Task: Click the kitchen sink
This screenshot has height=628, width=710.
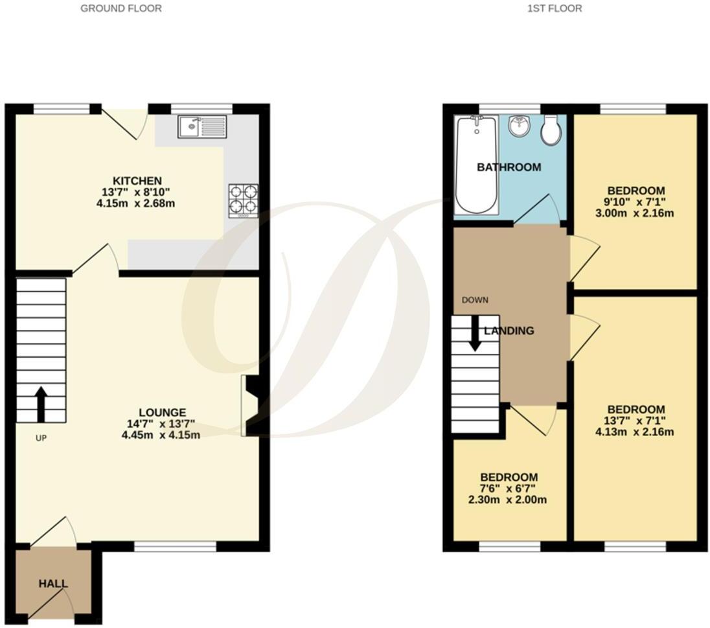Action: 201,127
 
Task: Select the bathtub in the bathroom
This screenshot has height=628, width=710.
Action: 476,165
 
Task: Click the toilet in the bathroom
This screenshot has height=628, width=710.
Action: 552,132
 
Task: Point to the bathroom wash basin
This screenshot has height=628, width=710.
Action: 519,126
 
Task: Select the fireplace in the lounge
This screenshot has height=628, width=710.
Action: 251,406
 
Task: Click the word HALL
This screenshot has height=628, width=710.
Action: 53,584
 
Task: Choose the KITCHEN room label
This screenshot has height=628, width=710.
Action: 137,180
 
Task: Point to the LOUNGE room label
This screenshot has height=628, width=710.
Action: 162,412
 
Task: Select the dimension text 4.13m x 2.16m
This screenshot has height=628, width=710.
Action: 636,432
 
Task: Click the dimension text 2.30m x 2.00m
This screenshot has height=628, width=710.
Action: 509,500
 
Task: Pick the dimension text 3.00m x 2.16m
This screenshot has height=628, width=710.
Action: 636,213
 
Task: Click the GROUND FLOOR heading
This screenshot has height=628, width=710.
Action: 121,8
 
